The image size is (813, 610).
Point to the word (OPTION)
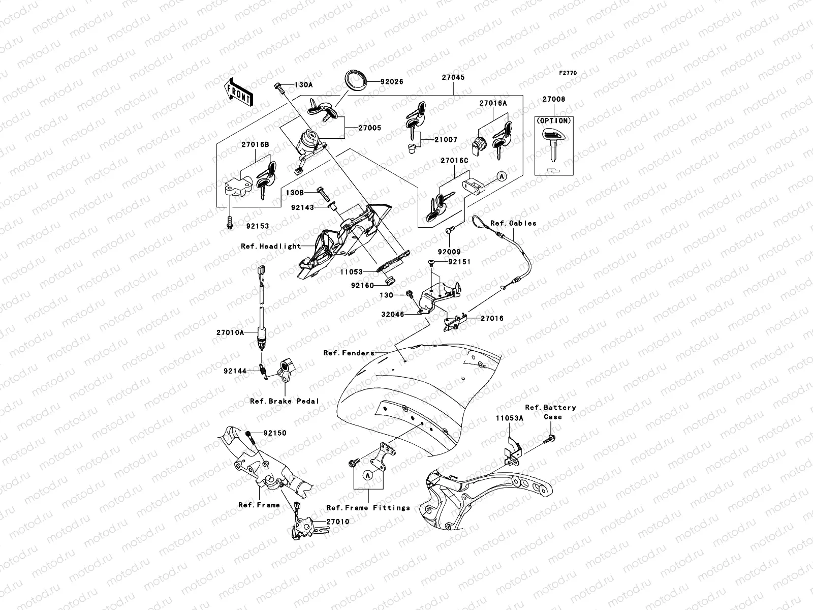[553, 121]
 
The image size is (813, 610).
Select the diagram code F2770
[568, 73]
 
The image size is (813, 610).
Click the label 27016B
[255, 144]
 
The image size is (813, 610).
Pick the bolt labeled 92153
[230, 222]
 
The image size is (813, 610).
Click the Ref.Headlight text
[271, 246]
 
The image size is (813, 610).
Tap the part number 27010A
[231, 332]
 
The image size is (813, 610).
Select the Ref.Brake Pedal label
[285, 401]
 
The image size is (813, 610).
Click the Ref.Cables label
[513, 223]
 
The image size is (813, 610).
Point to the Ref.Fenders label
[349, 353]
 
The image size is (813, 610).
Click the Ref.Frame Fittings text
[368, 507]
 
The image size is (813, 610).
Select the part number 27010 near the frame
[338, 522]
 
